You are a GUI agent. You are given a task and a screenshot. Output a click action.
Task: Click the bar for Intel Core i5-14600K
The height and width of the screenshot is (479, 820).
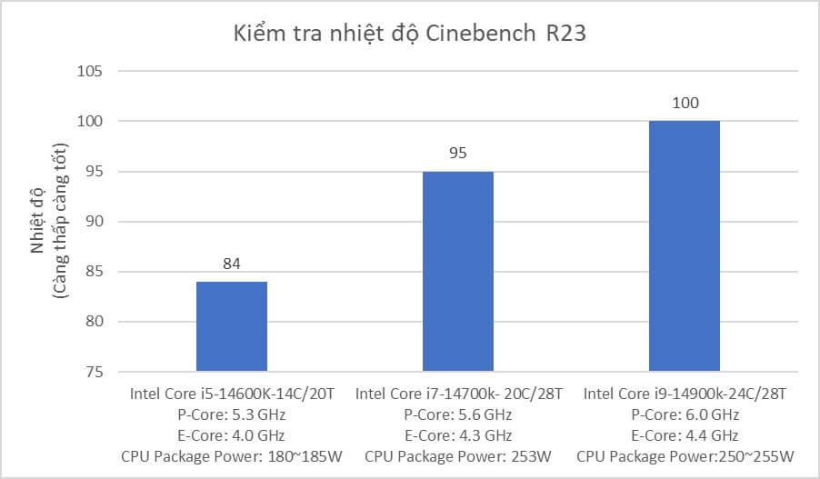click(x=232, y=326)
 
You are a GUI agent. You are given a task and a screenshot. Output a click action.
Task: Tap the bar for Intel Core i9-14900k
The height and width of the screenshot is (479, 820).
click(x=685, y=246)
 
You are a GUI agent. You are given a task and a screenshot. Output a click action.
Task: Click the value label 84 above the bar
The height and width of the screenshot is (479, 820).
click(x=232, y=264)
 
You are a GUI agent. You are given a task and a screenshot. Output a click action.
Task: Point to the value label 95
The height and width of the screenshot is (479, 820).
click(x=458, y=154)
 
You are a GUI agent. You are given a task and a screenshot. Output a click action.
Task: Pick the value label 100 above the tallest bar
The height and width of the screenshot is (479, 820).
click(x=685, y=104)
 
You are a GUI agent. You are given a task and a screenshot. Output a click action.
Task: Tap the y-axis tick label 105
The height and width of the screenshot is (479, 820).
click(x=91, y=72)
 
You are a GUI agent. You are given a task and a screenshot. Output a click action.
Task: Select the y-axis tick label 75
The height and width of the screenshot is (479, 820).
click(x=95, y=373)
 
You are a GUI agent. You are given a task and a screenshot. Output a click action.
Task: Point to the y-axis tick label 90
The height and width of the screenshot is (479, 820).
click(x=95, y=222)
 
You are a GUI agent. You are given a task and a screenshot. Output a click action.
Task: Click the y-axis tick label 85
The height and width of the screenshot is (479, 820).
click(x=95, y=272)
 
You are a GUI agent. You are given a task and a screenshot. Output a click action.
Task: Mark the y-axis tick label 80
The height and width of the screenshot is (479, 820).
click(x=95, y=322)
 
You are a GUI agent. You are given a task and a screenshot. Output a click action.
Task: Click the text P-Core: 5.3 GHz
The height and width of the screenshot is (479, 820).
click(x=232, y=414)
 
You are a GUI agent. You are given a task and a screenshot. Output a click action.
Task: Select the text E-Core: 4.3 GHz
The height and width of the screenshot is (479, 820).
click(x=458, y=435)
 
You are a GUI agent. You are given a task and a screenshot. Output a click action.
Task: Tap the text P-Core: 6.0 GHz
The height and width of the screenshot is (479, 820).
click(x=685, y=414)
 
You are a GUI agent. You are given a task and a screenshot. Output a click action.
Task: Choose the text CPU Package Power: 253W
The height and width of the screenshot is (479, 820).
click(x=458, y=456)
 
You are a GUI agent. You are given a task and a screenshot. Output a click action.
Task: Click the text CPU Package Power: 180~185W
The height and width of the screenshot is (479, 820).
click(x=232, y=456)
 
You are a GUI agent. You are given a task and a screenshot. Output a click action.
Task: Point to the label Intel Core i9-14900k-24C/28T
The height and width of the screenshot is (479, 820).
click(x=685, y=394)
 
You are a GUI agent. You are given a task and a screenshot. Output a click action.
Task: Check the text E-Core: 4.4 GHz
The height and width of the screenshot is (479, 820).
click(x=685, y=435)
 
